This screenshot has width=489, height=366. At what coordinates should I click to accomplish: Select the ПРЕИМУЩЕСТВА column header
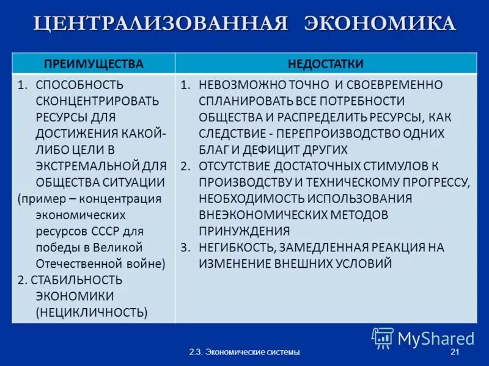[94, 64]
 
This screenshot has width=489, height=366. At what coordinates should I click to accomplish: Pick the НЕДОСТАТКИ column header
[326, 64]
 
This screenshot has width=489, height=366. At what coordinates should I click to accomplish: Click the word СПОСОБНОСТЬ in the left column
[79, 85]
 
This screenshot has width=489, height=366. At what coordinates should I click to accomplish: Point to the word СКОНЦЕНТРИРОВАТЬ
[97, 101]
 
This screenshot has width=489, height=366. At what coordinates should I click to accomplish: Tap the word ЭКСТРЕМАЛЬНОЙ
[92, 165]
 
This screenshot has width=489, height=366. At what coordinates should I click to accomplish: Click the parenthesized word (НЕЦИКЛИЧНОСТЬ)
[91, 312]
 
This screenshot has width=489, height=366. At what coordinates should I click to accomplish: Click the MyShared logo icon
[383, 338]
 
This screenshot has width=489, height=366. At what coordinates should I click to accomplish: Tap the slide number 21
[454, 353]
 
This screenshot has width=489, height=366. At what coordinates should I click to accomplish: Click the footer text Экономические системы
[252, 353]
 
